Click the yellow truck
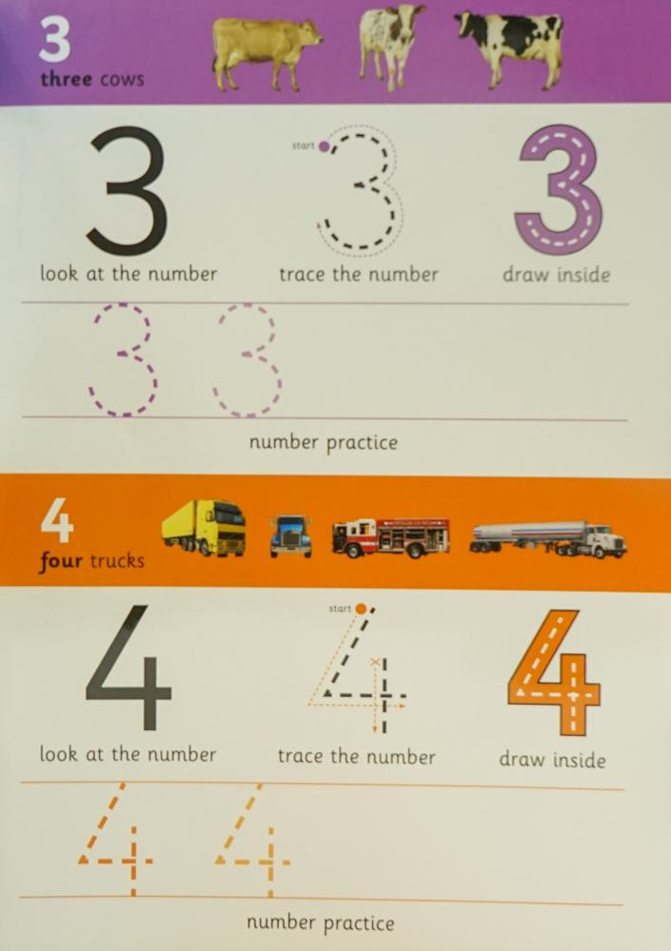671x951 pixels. click(x=205, y=529)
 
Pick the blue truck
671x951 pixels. click(x=289, y=535)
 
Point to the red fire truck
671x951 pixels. click(x=390, y=536)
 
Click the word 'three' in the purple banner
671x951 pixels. click(x=67, y=79)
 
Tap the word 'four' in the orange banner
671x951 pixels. click(x=62, y=560)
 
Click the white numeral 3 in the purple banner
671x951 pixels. click(x=56, y=42)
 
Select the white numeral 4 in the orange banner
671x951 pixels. click(x=58, y=522)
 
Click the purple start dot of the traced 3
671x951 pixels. click(x=325, y=146)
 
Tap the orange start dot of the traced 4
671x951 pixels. click(x=361, y=608)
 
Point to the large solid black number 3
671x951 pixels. click(x=128, y=190)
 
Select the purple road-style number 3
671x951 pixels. click(x=558, y=190)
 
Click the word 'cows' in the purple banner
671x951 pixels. click(x=122, y=79)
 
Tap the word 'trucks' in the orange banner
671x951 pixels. click(x=117, y=560)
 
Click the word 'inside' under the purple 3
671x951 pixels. click(x=582, y=276)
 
